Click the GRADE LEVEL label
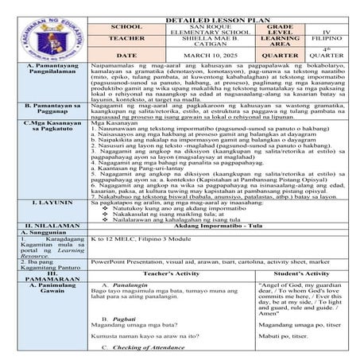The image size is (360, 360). coord(277,31)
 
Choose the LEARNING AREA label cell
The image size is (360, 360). coord(277,44)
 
